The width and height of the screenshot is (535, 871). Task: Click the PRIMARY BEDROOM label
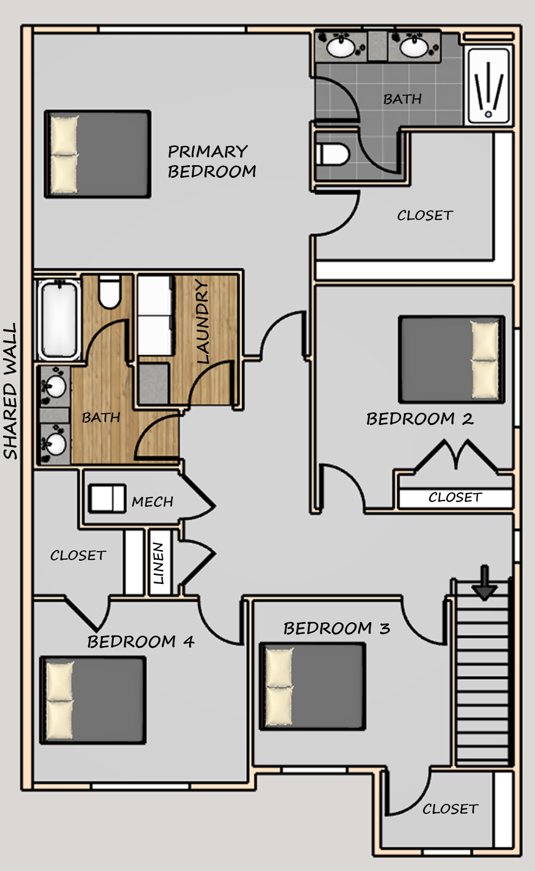click(212, 161)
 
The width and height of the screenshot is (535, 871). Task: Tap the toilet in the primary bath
click(332, 154)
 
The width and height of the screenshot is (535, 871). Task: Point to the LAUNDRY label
click(202, 321)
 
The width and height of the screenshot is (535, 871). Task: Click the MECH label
click(153, 501)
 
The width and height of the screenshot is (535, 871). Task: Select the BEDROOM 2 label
click(420, 419)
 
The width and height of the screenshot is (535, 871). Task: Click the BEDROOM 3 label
click(337, 628)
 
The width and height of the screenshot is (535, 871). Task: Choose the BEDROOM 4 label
click(141, 642)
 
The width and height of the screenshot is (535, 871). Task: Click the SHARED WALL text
click(10, 391)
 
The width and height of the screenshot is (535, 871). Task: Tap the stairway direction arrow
click(484, 582)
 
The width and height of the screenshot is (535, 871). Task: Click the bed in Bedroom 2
click(452, 359)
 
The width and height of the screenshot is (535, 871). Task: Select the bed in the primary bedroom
click(97, 154)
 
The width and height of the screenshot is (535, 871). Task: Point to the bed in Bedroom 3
click(312, 686)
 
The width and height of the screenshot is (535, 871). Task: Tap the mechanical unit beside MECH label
click(107, 498)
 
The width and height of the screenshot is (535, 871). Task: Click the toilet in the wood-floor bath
click(109, 292)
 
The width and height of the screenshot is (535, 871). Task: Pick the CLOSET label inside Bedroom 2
click(455, 497)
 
